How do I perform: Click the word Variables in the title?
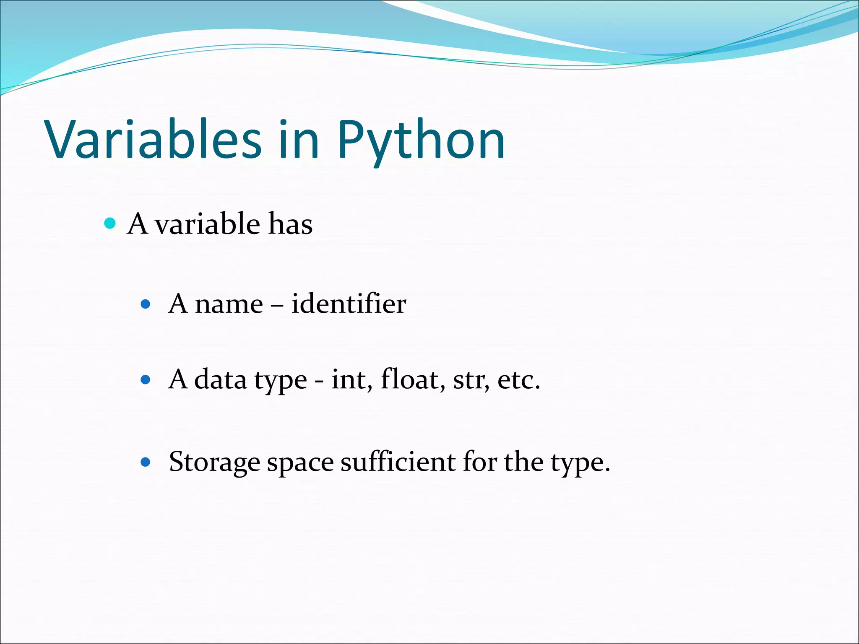(x=153, y=139)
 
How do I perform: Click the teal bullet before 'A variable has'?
(x=110, y=223)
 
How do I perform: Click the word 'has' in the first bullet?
(x=290, y=223)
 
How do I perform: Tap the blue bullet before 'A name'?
(x=146, y=304)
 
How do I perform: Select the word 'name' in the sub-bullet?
(x=229, y=304)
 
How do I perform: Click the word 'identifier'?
(x=349, y=304)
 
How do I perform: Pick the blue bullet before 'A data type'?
(x=146, y=380)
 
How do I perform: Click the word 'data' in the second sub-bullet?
(x=220, y=379)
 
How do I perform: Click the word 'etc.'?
(x=519, y=379)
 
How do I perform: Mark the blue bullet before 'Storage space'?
(x=146, y=462)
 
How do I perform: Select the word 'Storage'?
(x=214, y=462)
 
